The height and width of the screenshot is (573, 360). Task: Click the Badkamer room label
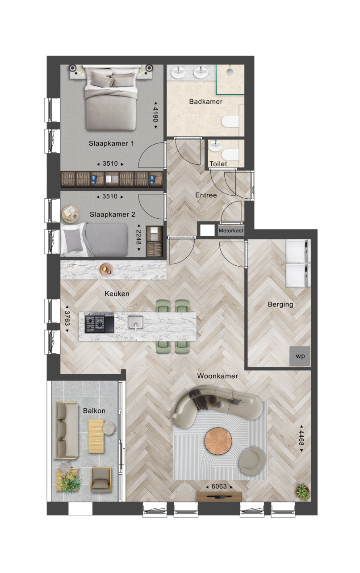click(x=206, y=101)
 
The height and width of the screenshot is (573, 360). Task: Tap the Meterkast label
click(x=231, y=230)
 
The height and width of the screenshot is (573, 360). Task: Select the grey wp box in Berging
click(x=300, y=356)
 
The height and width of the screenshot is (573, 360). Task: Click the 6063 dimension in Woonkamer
click(x=219, y=486)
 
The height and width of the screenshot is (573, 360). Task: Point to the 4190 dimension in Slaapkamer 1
click(x=155, y=115)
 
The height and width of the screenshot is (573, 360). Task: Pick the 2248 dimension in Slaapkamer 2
click(x=138, y=238)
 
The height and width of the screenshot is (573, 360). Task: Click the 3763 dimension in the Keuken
click(x=67, y=318)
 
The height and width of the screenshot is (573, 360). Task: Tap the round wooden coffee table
click(x=218, y=441)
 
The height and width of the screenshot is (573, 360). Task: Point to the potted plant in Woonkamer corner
click(x=303, y=491)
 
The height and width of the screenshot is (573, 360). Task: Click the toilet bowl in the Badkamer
click(x=230, y=121)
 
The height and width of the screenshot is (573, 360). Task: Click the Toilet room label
click(x=218, y=164)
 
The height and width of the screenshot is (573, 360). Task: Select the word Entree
click(x=206, y=195)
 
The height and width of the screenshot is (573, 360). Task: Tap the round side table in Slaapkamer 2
click(x=71, y=213)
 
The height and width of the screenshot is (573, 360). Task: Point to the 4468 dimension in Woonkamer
click(x=301, y=439)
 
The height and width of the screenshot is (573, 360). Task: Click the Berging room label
click(x=280, y=304)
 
